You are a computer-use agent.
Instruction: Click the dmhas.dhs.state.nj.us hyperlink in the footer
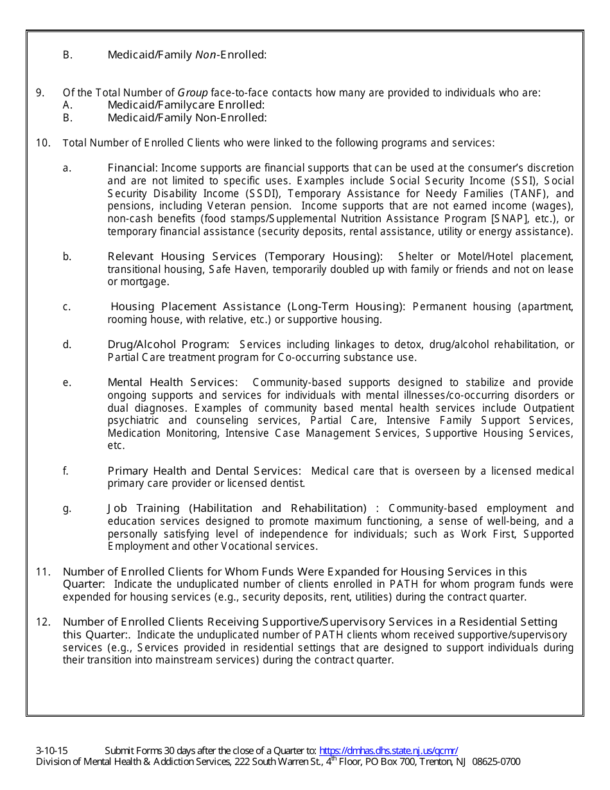(388, 750)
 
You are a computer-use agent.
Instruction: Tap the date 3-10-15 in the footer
(52, 750)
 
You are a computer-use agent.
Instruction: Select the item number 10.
(43, 143)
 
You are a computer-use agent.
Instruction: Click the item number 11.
(43, 572)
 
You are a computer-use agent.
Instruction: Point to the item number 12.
(43, 622)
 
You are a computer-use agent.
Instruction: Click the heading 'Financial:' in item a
(132, 168)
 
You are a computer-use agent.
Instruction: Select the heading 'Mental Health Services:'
(172, 383)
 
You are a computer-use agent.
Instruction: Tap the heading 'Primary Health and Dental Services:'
(204, 471)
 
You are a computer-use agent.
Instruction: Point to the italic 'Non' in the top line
(204, 55)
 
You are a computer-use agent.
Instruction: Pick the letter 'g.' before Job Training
(67, 508)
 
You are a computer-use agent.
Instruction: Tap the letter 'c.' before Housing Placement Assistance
(67, 307)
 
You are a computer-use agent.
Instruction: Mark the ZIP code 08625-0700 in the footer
(496, 762)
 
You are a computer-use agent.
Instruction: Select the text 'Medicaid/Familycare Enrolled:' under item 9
(186, 105)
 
